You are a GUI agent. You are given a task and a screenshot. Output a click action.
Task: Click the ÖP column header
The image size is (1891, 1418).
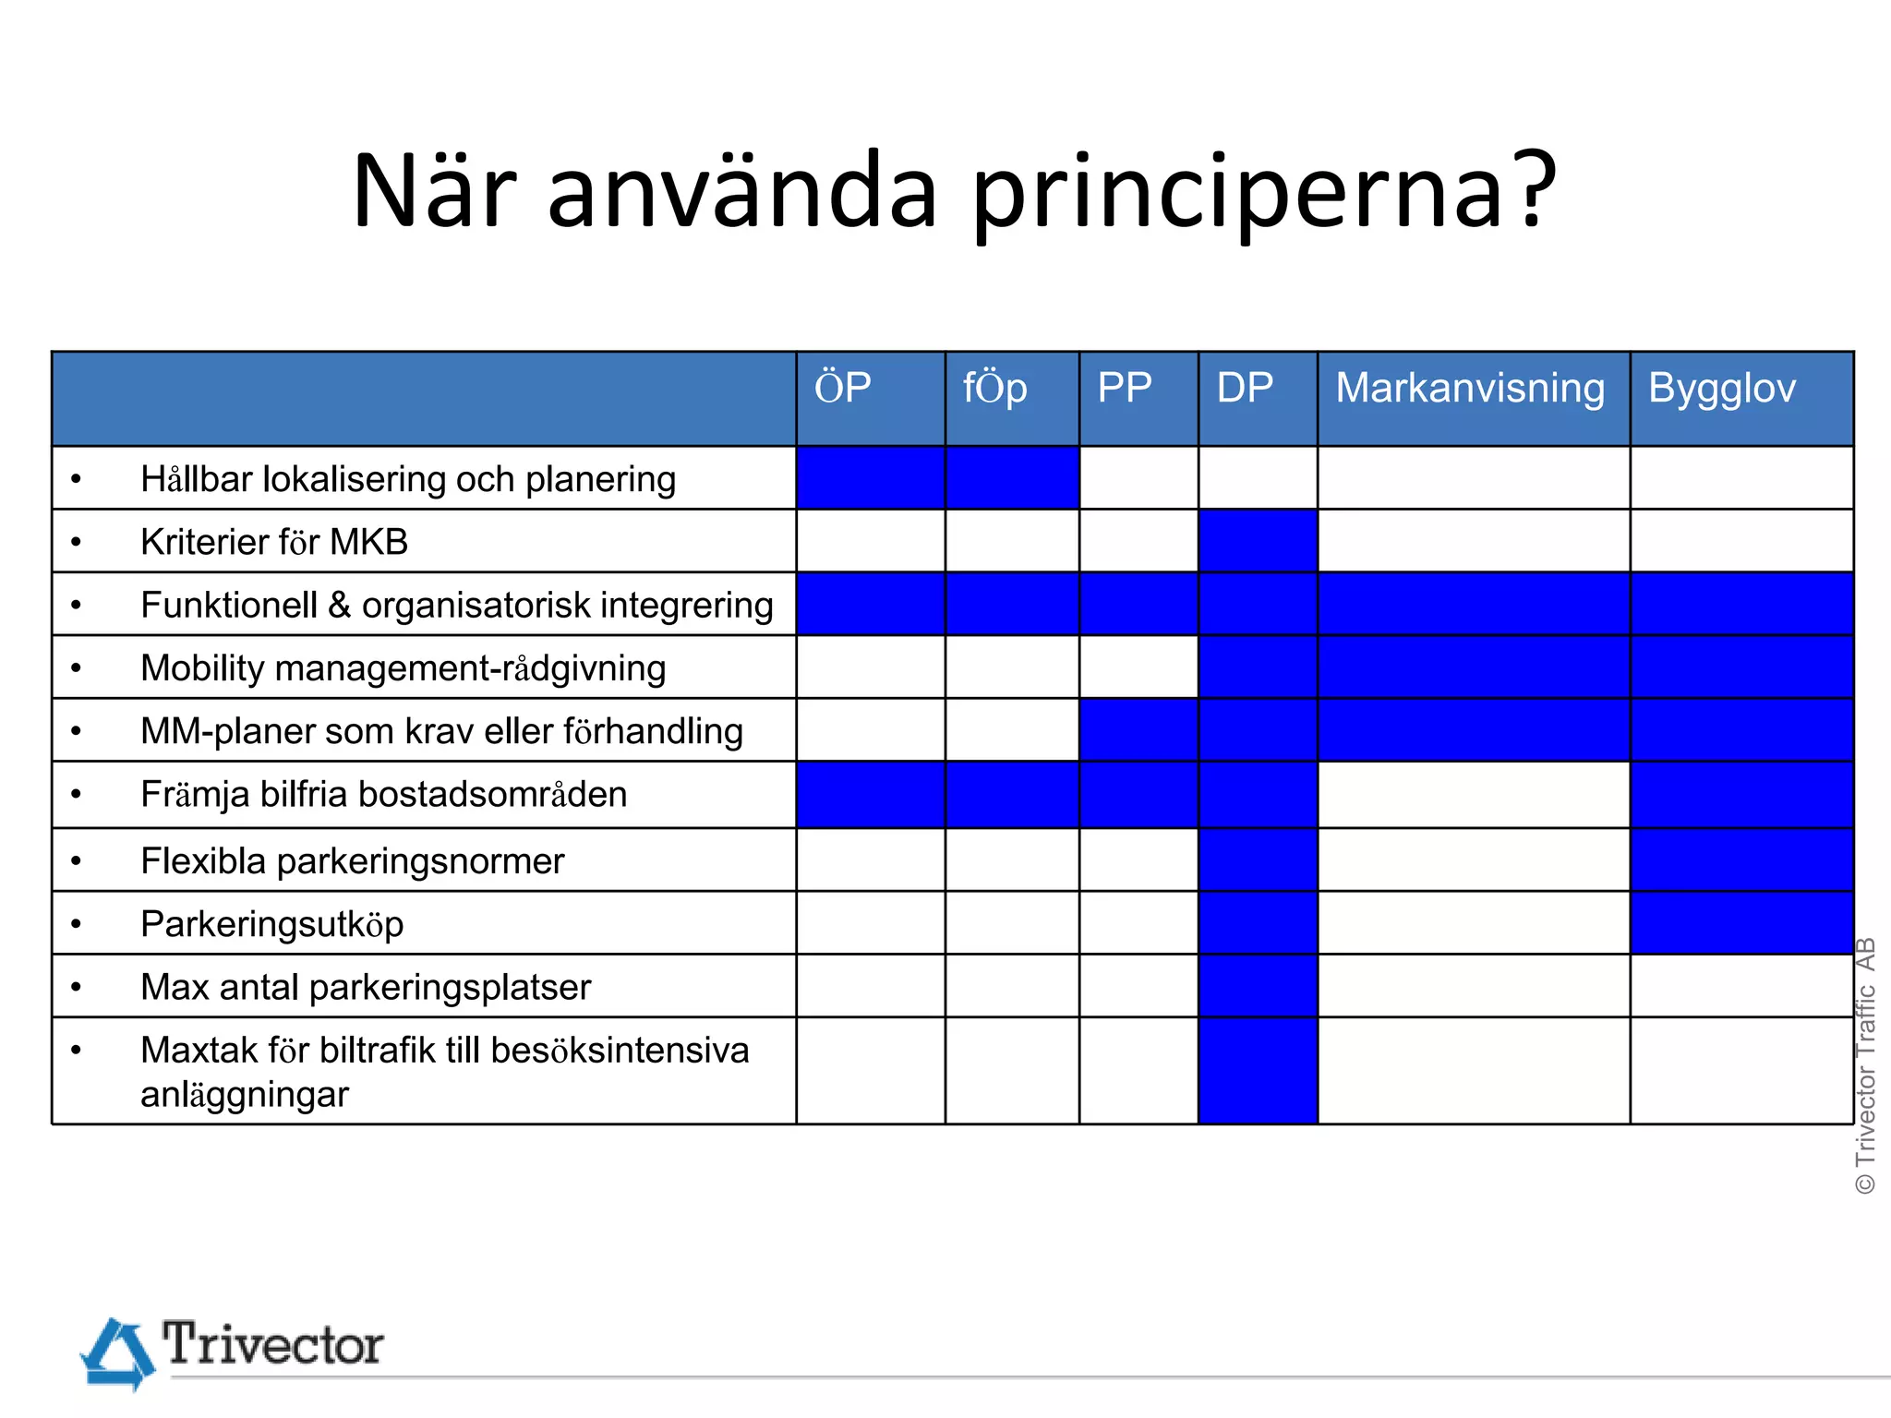click(x=842, y=388)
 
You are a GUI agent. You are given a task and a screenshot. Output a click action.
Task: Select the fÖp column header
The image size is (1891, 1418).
click(x=994, y=388)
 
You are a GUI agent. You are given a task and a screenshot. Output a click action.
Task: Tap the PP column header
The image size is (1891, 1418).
click(x=1124, y=388)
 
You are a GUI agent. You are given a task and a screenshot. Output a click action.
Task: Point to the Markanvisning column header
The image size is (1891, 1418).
click(x=1470, y=388)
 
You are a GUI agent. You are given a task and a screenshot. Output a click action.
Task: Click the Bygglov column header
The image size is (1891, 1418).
click(x=1722, y=388)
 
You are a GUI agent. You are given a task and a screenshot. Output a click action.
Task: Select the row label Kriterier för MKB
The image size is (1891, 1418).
click(x=274, y=542)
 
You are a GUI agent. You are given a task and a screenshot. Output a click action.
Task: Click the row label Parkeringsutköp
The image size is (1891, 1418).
click(x=272, y=924)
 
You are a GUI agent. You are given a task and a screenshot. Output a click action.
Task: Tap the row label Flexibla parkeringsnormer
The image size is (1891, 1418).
click(x=352, y=861)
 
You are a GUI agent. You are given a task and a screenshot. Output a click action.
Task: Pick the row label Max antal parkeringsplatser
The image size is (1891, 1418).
click(x=366, y=987)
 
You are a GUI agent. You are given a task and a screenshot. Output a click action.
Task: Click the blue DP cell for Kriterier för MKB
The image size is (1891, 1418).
click(x=1258, y=541)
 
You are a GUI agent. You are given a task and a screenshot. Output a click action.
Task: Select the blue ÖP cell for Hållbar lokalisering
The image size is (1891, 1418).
click(x=870, y=478)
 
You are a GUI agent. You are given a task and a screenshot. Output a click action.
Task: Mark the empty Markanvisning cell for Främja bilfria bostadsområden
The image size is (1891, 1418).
click(x=1474, y=795)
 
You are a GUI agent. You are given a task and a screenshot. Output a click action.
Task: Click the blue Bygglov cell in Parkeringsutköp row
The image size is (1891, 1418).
click(x=1741, y=923)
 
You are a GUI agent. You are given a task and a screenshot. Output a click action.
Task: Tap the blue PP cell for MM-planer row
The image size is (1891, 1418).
click(x=1138, y=730)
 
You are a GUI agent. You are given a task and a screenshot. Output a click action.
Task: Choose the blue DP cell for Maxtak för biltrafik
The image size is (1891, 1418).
click(x=1258, y=1071)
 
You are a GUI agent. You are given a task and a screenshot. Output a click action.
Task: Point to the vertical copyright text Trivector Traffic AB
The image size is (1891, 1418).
click(x=1866, y=1066)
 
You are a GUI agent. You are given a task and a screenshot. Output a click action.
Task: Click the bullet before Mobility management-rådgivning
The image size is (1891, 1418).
click(x=77, y=667)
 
